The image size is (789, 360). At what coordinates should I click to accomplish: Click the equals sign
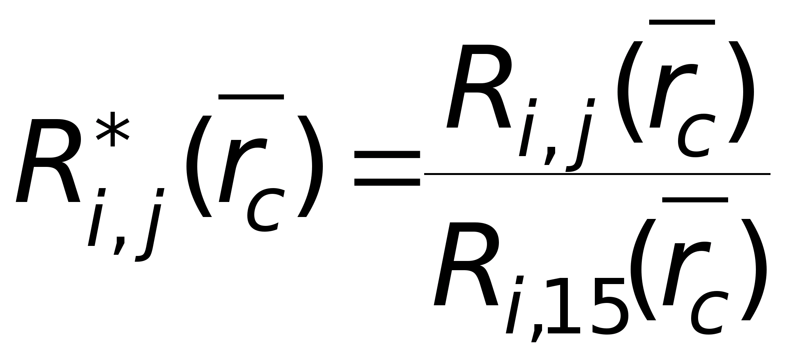[387, 168]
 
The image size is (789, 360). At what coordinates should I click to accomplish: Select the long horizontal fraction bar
[597, 174]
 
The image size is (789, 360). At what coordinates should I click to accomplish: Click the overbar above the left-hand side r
[251, 97]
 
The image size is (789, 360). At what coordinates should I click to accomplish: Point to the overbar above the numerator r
[682, 22]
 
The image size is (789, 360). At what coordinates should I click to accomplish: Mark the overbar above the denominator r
[695, 200]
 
